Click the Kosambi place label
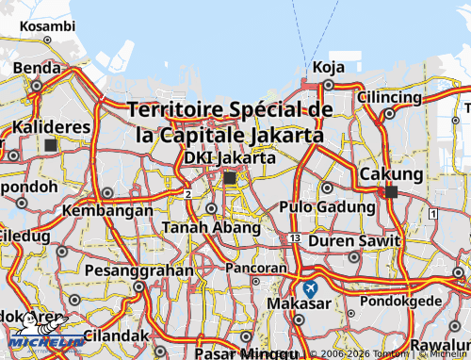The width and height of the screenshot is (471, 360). point(46,26)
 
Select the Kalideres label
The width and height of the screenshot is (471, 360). point(51,126)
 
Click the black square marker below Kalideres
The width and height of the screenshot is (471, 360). point(50,144)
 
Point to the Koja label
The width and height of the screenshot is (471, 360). point(328,67)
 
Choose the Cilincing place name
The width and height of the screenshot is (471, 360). point(389,97)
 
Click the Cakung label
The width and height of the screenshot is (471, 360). point(391,174)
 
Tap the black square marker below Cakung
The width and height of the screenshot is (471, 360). point(391,191)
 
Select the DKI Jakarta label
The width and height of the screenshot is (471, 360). point(230,157)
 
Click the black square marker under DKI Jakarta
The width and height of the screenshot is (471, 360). point(230,177)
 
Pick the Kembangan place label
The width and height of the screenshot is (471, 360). point(107,210)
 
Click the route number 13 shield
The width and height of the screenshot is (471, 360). point(295,239)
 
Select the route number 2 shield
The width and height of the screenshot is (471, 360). point(188,194)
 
